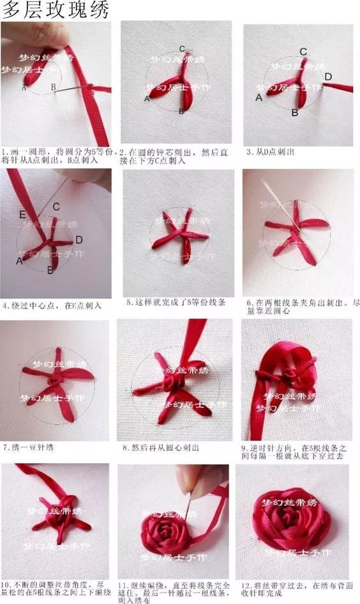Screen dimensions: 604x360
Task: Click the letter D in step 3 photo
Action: point(327,77)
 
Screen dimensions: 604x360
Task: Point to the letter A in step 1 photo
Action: point(24,88)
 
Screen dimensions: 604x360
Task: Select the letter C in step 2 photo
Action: point(182,49)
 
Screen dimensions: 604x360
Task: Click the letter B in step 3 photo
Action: point(295,113)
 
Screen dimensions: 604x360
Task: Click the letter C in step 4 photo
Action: point(56,207)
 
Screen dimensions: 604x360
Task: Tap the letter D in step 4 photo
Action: point(79,240)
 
